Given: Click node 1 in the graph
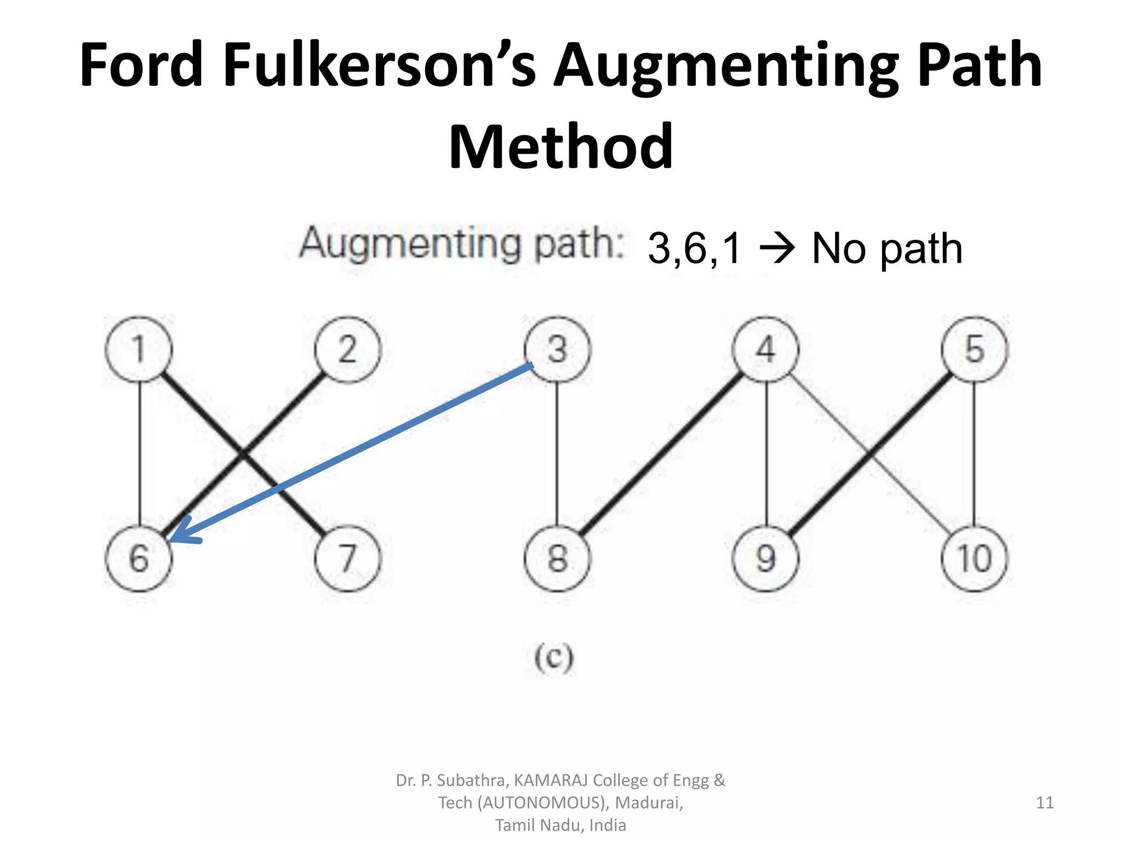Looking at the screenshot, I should [x=139, y=349].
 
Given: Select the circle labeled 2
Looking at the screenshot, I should [x=347, y=349].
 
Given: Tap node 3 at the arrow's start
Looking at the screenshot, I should [x=557, y=349].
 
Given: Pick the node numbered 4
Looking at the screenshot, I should [x=766, y=349].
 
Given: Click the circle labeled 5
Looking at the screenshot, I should [x=975, y=349].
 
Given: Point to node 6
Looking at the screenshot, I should [x=139, y=558].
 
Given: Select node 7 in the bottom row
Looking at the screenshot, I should [x=347, y=558].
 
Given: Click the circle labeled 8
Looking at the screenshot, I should [x=557, y=558].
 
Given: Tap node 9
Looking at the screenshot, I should [x=766, y=558].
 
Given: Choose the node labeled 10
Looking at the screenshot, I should [x=975, y=558].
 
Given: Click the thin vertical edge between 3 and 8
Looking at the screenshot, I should [x=557, y=454].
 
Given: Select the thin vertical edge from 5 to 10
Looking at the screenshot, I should [x=974, y=454].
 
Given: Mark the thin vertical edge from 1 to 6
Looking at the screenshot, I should [x=140, y=454].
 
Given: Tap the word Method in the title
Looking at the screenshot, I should [x=560, y=147].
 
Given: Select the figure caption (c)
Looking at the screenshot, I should [x=554, y=658].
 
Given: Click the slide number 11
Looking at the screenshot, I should [x=1045, y=803].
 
